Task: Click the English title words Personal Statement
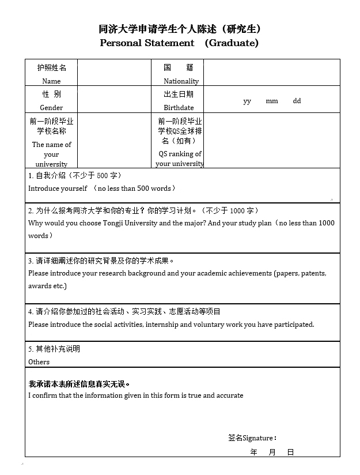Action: tap(147, 43)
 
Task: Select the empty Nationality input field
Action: tap(271, 73)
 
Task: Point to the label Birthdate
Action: tap(179, 108)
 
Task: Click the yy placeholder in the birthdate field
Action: tap(247, 101)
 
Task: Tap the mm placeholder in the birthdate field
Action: tap(272, 101)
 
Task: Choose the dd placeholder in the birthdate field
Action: tap(297, 101)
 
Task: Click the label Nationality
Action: tap(181, 81)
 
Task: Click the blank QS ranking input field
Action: tap(271, 140)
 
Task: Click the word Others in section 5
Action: tap(39, 362)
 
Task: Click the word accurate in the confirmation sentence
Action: tap(229, 395)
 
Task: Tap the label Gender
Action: tap(51, 108)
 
